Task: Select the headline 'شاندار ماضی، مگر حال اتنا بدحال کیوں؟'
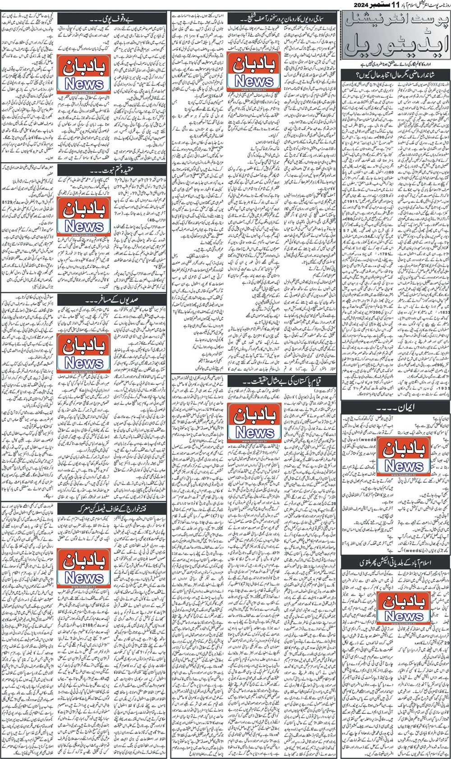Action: [395, 73]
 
